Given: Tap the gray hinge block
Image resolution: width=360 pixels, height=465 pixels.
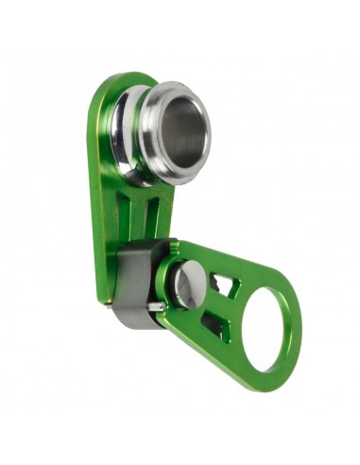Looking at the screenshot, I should [132, 274].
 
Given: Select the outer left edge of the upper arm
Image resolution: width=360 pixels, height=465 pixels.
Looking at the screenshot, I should [94, 189].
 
